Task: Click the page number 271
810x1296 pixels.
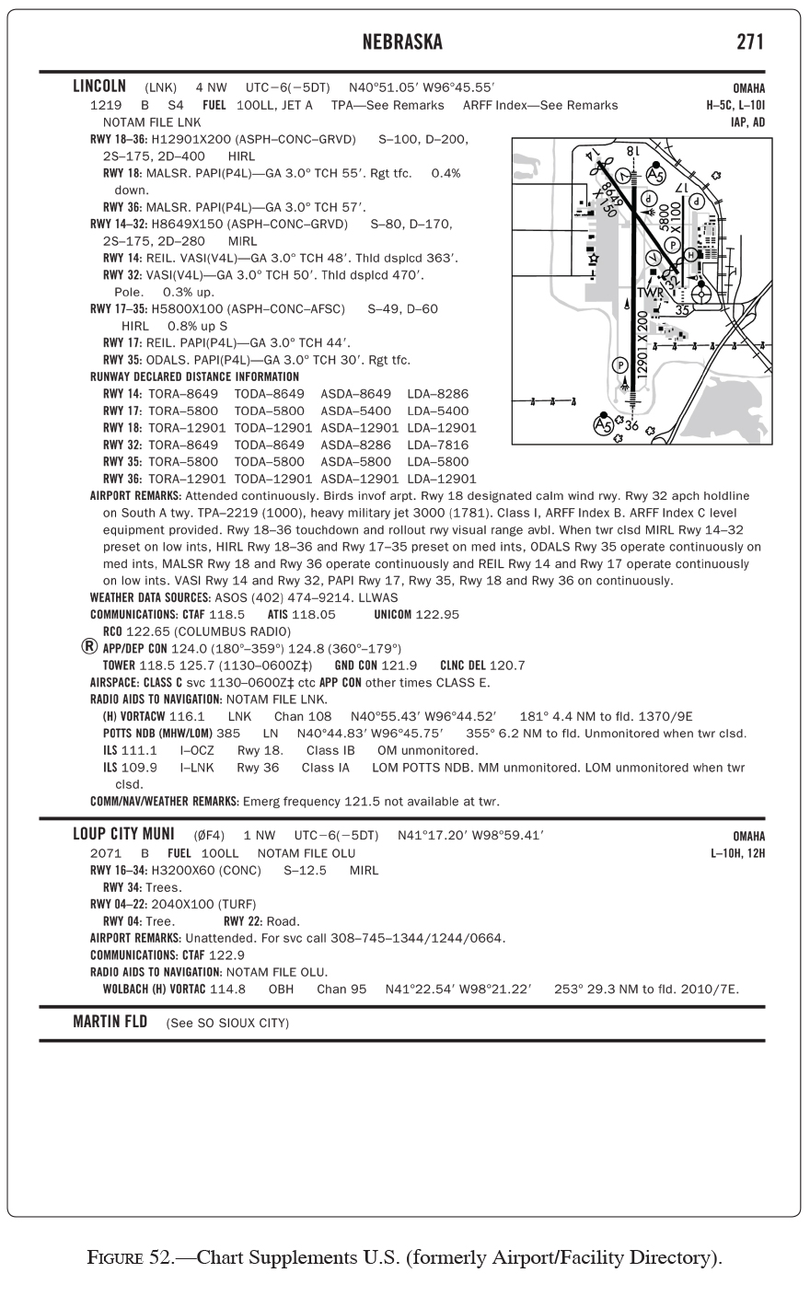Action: coord(749,42)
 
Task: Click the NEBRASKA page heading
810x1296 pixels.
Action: coord(402,42)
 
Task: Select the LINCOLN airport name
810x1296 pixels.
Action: coord(99,87)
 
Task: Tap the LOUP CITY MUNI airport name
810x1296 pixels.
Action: coord(123,835)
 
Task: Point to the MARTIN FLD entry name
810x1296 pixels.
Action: coord(110,1023)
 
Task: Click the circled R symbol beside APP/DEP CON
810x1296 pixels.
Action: coord(89,647)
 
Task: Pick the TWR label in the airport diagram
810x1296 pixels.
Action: coord(650,293)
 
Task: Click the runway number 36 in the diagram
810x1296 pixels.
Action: coord(631,425)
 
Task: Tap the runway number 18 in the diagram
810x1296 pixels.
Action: coord(634,150)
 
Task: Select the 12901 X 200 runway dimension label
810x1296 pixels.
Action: coord(642,342)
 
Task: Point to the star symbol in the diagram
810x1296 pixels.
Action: coord(595,260)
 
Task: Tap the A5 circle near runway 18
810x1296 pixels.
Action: coord(655,174)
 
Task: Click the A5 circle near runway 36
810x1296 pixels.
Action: coord(604,425)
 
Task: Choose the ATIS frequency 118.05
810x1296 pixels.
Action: coord(313,614)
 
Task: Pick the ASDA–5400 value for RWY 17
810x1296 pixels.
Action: coord(355,411)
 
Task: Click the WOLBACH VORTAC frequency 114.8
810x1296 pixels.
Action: coord(228,989)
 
